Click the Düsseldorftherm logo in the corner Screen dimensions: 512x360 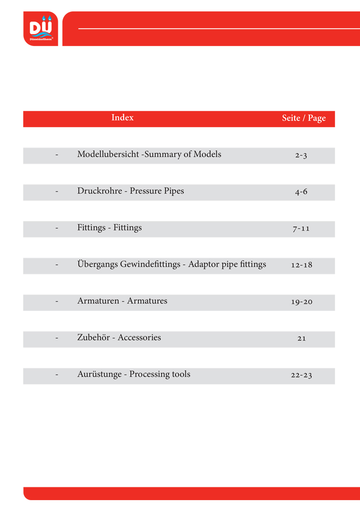[41, 29]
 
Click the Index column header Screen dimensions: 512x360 [122, 118]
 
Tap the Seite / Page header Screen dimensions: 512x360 [304, 118]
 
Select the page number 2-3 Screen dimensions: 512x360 [301, 155]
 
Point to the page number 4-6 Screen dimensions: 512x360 [301, 192]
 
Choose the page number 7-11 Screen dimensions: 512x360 [301, 229]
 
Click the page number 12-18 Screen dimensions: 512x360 [301, 265]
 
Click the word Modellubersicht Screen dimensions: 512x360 [108, 155]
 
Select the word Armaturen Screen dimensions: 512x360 [98, 301]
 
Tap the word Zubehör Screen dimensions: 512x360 [94, 338]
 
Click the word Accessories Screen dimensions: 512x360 [139, 338]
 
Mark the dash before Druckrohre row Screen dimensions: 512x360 [57, 192]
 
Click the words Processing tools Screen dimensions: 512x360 [160, 375]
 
